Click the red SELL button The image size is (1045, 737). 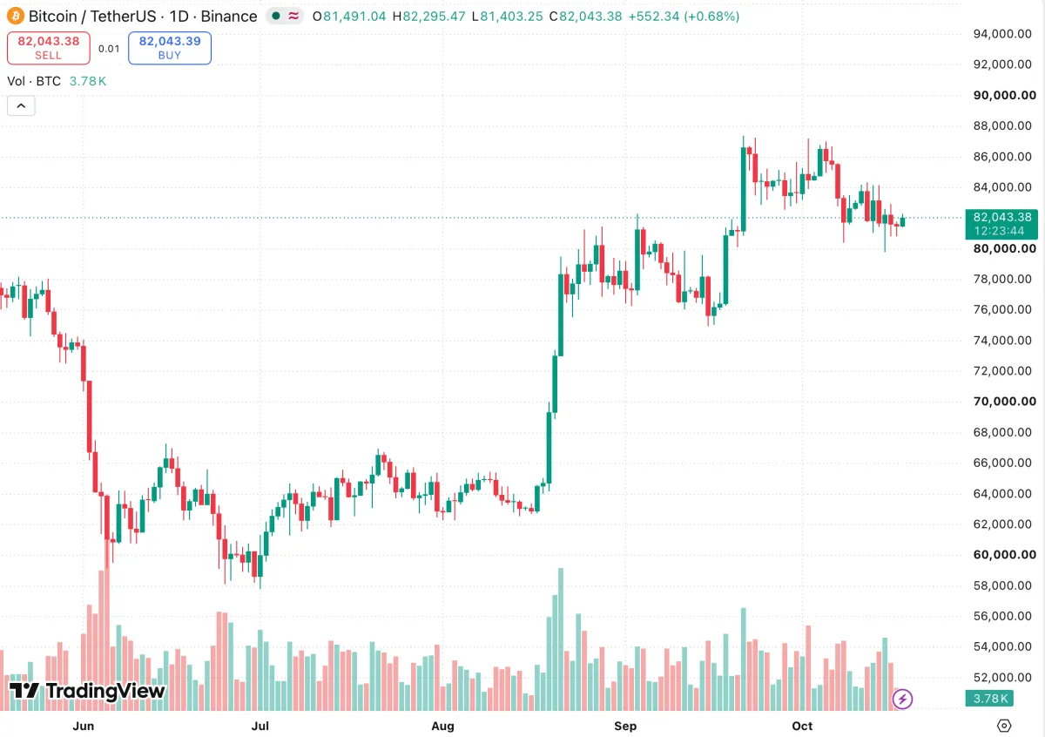pyautogui.click(x=49, y=48)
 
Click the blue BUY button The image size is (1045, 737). pyautogui.click(x=170, y=48)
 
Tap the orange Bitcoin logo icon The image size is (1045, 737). pyautogui.click(x=16, y=17)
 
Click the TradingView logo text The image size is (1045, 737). pyautogui.click(x=88, y=691)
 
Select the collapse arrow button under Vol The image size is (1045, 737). pyautogui.click(x=21, y=106)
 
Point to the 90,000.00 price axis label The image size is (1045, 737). pyautogui.click(x=1004, y=95)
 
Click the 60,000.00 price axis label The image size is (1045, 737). pyautogui.click(x=1004, y=555)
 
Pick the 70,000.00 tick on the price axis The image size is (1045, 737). pyautogui.click(x=1004, y=402)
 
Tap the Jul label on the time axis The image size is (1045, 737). pyautogui.click(x=260, y=726)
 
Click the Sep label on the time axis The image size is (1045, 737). pyautogui.click(x=625, y=726)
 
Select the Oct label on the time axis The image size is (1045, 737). pyautogui.click(x=802, y=726)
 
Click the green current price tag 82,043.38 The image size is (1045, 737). pyautogui.click(x=1001, y=224)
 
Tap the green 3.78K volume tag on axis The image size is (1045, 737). pyautogui.click(x=989, y=699)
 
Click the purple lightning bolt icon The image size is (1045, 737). pyautogui.click(x=902, y=699)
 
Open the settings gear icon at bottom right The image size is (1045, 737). pyautogui.click(x=1004, y=726)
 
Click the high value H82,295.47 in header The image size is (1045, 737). pyautogui.click(x=428, y=17)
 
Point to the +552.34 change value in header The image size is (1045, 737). pyautogui.click(x=654, y=17)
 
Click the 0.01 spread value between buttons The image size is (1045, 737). pyautogui.click(x=109, y=49)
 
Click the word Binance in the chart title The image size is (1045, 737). pyautogui.click(x=228, y=17)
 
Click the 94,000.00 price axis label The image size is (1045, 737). pyautogui.click(x=1002, y=34)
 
